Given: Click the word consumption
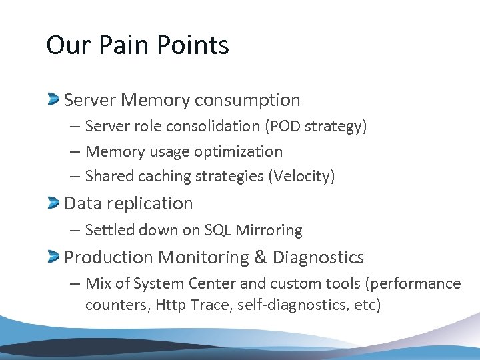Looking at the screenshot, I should [x=247, y=101].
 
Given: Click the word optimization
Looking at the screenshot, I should [x=238, y=152].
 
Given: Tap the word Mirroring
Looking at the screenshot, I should [x=269, y=231].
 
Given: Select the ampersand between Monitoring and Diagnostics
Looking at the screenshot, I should [x=261, y=257].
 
